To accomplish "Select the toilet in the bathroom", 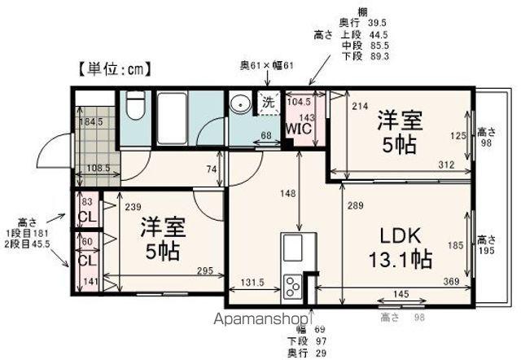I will click(136, 106).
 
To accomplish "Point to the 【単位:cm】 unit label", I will click(115, 69).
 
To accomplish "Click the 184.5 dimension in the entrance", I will click(89, 123).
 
